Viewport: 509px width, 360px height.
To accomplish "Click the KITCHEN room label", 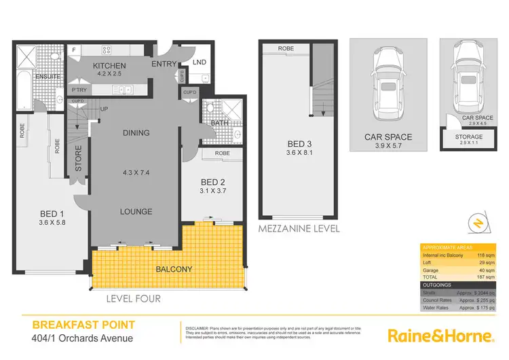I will tap(111, 65).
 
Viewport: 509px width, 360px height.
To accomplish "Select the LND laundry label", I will tap(200, 62).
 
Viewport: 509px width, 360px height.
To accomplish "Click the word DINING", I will tap(136, 134).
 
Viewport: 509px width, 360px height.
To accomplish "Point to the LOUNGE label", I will tap(136, 211).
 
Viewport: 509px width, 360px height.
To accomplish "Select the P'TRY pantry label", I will tap(79, 90).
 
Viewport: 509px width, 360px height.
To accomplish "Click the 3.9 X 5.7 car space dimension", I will tap(388, 146).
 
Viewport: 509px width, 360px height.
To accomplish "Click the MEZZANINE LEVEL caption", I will tap(299, 229).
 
